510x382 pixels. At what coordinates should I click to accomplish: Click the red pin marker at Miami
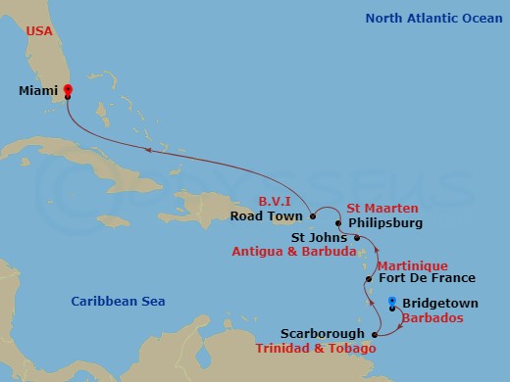pyautogui.click(x=68, y=91)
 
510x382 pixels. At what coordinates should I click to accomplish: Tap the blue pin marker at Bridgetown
pyautogui.click(x=391, y=303)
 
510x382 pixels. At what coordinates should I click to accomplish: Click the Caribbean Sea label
pyautogui.click(x=118, y=302)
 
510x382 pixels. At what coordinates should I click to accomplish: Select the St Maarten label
pyautogui.click(x=382, y=208)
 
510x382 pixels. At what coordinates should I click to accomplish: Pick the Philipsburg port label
pyautogui.click(x=385, y=222)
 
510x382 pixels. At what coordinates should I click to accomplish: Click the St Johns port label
pyautogui.click(x=319, y=236)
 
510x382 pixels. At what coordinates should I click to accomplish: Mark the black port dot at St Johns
pyautogui.click(x=357, y=237)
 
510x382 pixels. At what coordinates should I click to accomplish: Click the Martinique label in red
pyautogui.click(x=412, y=265)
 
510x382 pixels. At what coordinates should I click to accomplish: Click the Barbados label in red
pyautogui.click(x=435, y=318)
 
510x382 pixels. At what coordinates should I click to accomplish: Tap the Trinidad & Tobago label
pyautogui.click(x=317, y=349)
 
